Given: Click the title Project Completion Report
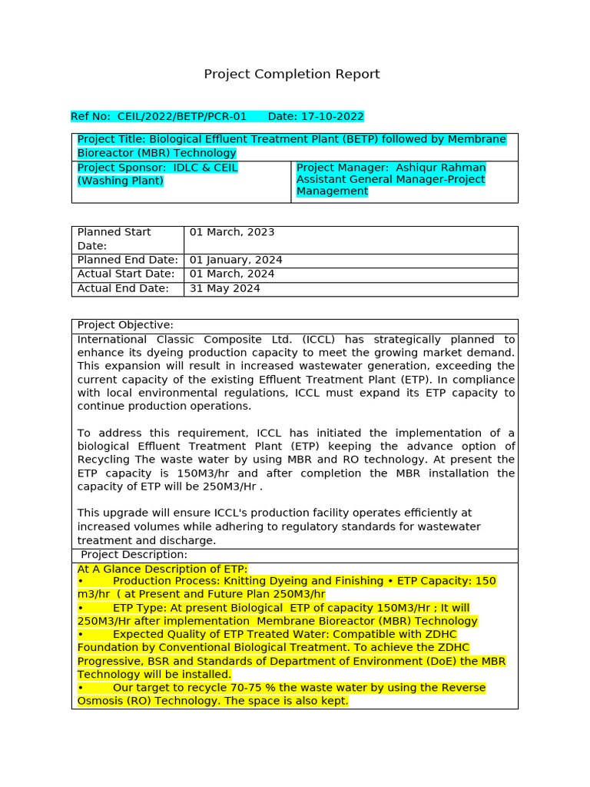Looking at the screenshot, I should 291,75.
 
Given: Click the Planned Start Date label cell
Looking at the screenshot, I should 114,238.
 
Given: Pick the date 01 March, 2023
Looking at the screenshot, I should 232,232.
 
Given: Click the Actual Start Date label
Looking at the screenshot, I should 126,274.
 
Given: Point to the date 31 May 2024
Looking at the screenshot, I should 225,289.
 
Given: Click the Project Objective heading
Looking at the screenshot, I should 125,325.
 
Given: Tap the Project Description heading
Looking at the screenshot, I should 134,555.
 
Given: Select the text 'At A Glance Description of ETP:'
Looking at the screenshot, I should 162,569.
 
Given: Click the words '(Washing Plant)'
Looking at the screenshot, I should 121,181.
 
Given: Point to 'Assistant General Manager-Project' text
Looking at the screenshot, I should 390,180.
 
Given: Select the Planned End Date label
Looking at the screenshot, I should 128,260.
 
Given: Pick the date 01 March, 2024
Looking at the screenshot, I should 232,274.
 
